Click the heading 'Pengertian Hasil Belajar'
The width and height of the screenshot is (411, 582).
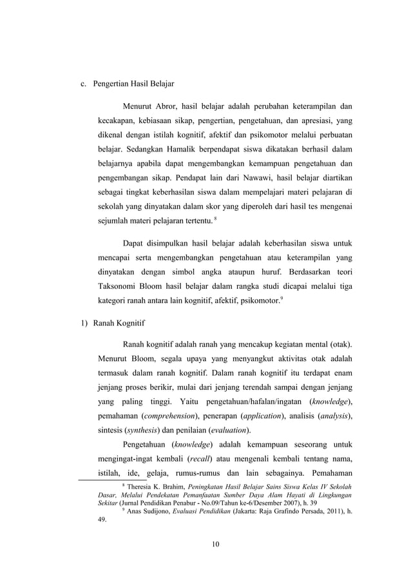pyautogui.click(x=133, y=84)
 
